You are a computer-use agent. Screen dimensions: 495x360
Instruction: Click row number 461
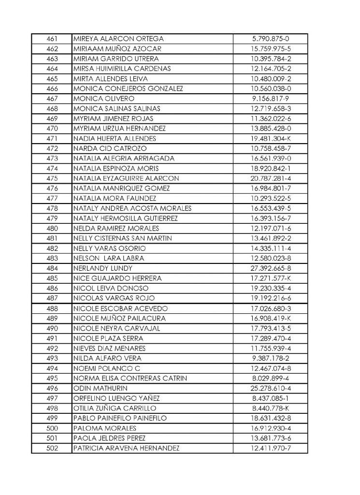(52, 39)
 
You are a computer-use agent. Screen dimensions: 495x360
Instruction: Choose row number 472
(52, 148)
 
